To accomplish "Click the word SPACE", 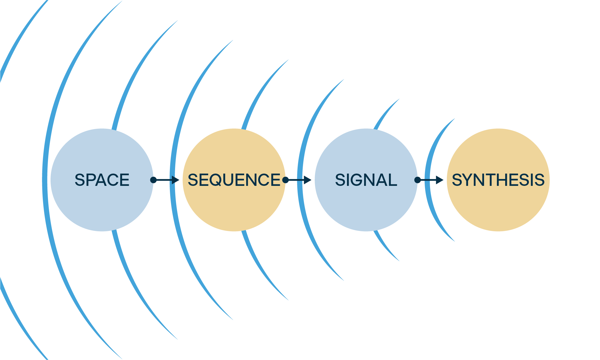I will (102, 180).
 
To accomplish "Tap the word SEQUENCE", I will (234, 180).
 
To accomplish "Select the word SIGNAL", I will (366, 180).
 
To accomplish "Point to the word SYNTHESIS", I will (498, 180).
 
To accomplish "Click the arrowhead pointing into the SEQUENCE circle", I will (175, 180).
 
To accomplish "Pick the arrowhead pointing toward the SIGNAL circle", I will (308, 180).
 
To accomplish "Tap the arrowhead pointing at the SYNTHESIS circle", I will (440, 180).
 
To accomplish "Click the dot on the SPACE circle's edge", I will (153, 180).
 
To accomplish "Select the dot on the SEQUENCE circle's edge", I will (285, 180).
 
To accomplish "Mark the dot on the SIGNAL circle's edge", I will (418, 180).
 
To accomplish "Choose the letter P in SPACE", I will (91, 180).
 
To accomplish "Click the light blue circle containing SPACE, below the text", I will (102, 208).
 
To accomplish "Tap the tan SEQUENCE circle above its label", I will (234, 151).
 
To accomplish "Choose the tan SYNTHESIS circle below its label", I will (498, 208).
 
